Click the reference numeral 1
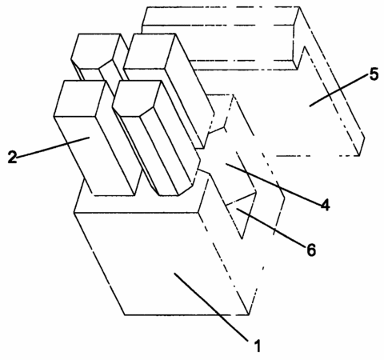[257, 346]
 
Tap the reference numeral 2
[12, 157]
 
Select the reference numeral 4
[325, 205]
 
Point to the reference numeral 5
[374, 74]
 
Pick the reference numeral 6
[311, 250]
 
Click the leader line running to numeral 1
[211, 306]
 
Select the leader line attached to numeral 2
[53, 146]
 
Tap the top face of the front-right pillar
[137, 98]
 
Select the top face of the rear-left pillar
[95, 50]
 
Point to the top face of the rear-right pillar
[150, 50]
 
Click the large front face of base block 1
[162, 264]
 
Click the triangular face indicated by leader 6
[242, 214]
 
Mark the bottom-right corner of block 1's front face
[249, 315]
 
